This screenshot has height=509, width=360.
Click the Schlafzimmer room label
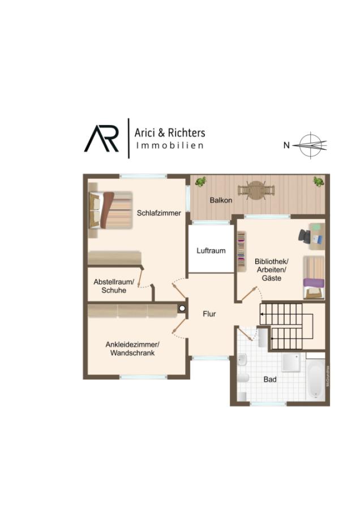(x=158, y=213)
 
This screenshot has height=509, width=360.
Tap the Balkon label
(x=221, y=200)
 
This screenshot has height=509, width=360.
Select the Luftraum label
(x=211, y=251)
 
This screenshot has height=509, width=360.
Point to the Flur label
(x=209, y=314)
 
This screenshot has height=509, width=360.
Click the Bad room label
(x=270, y=379)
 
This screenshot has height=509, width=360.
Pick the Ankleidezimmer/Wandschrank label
(x=132, y=348)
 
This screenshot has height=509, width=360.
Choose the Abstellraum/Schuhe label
(x=114, y=286)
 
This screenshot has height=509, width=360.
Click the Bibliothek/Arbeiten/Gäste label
(x=271, y=269)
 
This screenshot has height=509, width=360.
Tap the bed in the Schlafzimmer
(x=111, y=210)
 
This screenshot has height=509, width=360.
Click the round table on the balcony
(x=256, y=191)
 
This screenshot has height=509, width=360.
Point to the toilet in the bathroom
(x=243, y=378)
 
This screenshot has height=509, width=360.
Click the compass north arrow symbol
(x=310, y=145)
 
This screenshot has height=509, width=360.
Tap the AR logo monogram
(x=101, y=139)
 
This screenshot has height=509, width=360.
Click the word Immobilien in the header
(x=170, y=145)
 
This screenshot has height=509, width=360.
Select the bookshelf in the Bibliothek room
(x=241, y=252)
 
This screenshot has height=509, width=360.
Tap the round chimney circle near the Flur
(x=182, y=308)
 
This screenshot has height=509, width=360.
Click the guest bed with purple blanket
(x=314, y=278)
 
